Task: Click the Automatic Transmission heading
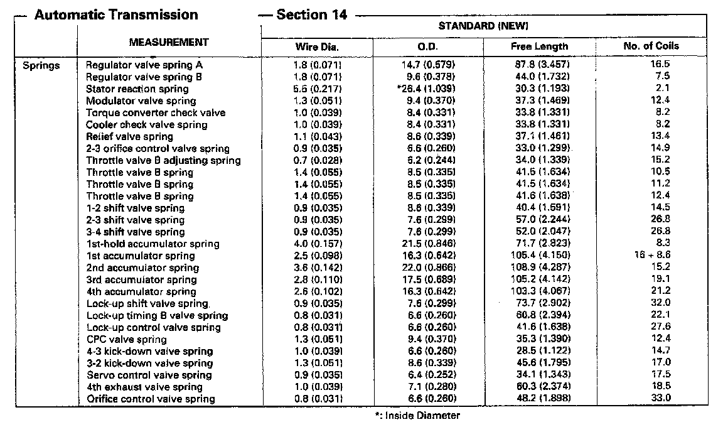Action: [116, 15]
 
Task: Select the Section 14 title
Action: [311, 15]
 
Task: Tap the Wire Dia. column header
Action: [317, 46]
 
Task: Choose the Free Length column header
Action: [539, 46]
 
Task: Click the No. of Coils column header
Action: [651, 46]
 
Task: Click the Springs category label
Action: [41, 65]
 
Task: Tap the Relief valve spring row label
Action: [129, 136]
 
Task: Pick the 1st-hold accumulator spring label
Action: [153, 244]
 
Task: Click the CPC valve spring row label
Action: [126, 339]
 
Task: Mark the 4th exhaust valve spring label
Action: [144, 387]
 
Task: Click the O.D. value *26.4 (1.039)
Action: [426, 89]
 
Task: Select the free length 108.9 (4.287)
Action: [539, 268]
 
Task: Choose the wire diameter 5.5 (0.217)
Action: [318, 89]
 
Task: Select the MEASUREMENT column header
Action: [169, 42]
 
